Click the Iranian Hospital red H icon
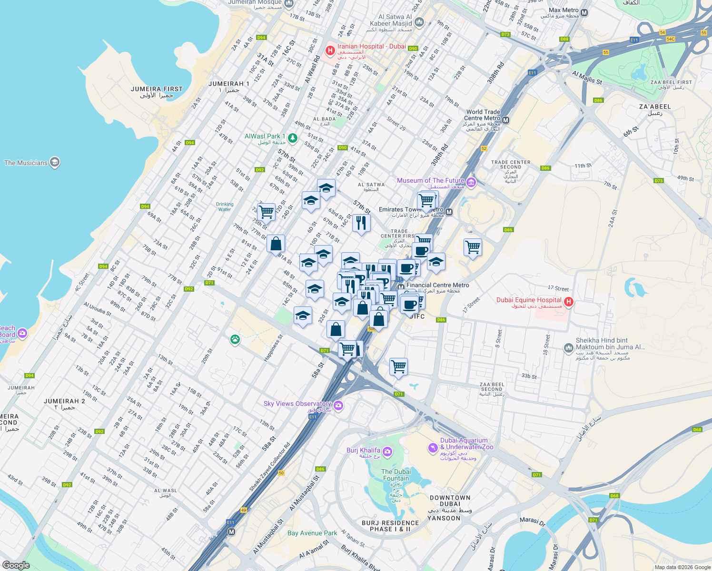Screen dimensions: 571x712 click(x=330, y=50)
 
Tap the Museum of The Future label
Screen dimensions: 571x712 click(x=430, y=180)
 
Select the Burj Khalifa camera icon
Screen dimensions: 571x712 click(x=387, y=451)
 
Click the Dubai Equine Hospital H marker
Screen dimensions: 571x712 click(x=568, y=302)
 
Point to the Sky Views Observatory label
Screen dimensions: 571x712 click(x=297, y=404)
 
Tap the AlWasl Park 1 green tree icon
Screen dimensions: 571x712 click(x=293, y=138)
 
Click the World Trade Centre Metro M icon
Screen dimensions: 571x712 click(x=506, y=120)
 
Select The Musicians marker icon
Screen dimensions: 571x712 click(x=55, y=163)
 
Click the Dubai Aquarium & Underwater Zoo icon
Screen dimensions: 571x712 click(x=433, y=448)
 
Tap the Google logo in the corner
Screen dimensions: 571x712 click(x=16, y=565)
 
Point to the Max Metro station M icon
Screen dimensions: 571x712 click(x=584, y=13)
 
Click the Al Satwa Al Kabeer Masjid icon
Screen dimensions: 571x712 click(x=419, y=22)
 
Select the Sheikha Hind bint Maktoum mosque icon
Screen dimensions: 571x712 click(x=568, y=348)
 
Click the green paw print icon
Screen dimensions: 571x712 click(x=235, y=340)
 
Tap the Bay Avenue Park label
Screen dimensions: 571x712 click(x=312, y=533)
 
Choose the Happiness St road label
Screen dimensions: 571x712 click(x=273, y=347)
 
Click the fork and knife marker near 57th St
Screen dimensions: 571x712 click(x=361, y=223)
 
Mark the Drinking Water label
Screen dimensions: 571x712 click(x=225, y=207)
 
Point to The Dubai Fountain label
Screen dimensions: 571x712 click(x=396, y=475)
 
